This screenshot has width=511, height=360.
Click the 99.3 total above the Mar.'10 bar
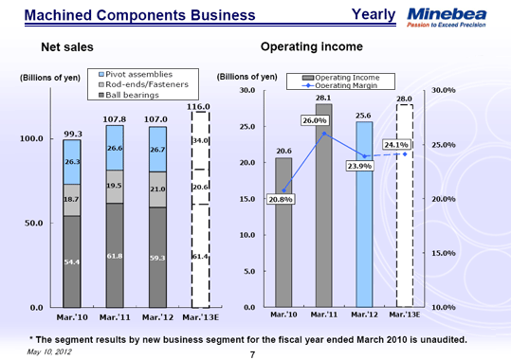[x=72, y=134]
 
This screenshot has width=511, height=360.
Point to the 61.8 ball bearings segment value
[x=114, y=257]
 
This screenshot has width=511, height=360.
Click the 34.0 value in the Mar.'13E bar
[x=200, y=141]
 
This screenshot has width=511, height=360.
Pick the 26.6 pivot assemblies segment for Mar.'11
[x=114, y=149]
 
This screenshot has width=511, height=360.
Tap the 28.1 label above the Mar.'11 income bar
[x=323, y=98]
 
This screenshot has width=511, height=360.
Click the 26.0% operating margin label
[x=314, y=121]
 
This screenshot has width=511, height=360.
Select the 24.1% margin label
[x=395, y=144]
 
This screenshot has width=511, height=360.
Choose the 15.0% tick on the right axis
[x=445, y=254]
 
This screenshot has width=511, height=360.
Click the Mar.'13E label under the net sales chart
[x=200, y=317]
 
